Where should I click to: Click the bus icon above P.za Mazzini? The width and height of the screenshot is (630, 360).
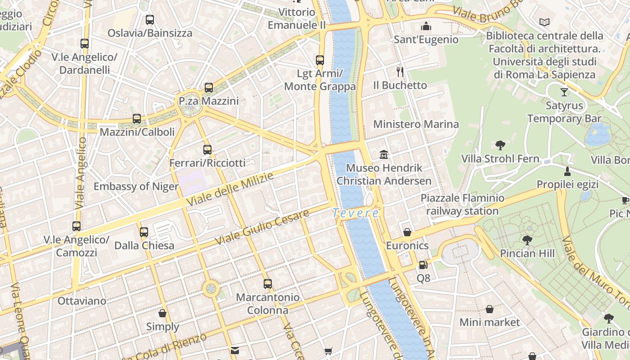point(208,88)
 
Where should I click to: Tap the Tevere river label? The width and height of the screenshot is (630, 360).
point(355,213)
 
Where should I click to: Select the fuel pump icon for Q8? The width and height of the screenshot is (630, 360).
point(423,265)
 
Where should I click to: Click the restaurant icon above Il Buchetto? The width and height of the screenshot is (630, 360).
point(400,72)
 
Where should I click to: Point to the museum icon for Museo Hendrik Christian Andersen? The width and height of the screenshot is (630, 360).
point(384,155)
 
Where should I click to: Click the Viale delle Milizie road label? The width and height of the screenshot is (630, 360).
point(230,189)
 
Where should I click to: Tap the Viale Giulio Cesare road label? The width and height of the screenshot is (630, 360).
point(262,227)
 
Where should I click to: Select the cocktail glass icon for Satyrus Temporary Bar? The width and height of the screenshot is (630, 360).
point(564,92)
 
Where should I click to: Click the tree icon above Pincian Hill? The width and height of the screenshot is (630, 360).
point(527,240)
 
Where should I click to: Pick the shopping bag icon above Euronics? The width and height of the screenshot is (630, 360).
point(407,232)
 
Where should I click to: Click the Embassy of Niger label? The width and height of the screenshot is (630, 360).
point(136,186)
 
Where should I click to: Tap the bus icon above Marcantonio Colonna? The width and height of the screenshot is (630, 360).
point(268,284)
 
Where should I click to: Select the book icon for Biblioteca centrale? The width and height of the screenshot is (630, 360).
point(544,22)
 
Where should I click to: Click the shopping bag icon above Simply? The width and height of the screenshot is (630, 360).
point(162,313)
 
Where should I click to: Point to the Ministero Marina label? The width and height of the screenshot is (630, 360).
point(416,124)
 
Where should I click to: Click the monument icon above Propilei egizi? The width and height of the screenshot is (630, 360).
point(567,171)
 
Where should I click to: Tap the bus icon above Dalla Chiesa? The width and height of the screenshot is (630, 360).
point(144,232)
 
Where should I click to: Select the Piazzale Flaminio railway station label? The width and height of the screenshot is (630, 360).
point(462,204)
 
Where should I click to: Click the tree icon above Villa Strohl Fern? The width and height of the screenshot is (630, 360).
point(500,145)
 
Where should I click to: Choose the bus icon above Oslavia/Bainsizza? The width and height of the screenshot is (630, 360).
point(150,20)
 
